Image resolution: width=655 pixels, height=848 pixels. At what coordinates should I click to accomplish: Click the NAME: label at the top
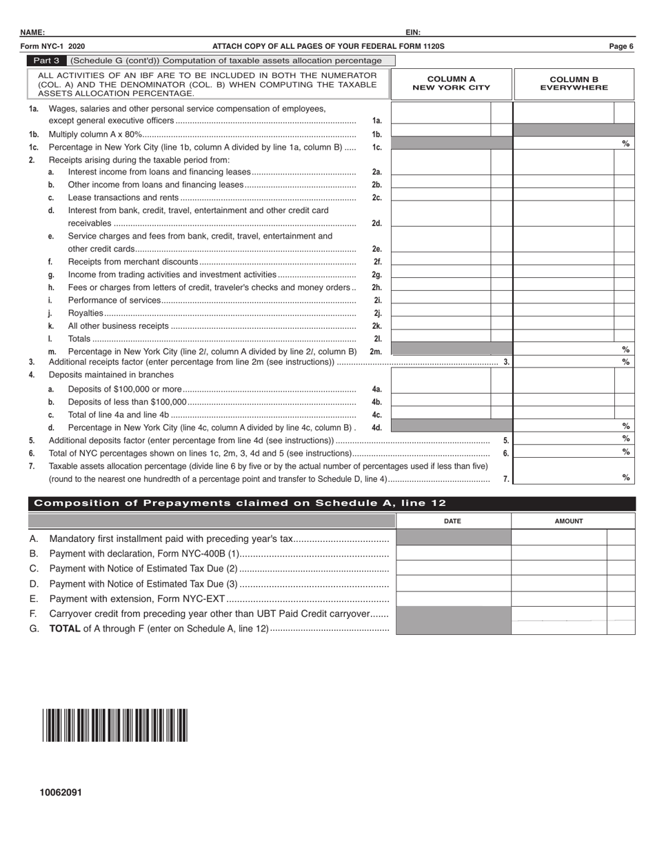click(32, 32)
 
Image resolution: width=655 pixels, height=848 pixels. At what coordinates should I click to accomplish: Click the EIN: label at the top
click(413, 32)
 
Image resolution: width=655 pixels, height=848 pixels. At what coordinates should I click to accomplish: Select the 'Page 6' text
click(621, 46)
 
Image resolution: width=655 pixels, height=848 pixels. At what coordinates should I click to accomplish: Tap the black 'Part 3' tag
click(47, 61)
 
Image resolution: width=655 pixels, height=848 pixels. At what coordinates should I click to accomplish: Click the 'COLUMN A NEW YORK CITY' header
click(451, 83)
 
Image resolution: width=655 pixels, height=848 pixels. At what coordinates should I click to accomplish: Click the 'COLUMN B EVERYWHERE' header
click(574, 83)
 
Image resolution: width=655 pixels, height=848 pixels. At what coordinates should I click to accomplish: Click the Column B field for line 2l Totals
click(564, 337)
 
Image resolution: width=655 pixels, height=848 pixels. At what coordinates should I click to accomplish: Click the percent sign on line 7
click(625, 477)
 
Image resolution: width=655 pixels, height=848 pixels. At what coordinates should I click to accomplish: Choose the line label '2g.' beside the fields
click(376, 274)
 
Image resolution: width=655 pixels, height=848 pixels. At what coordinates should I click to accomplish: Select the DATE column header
click(452, 521)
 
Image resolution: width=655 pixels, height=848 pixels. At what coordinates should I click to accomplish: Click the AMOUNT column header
click(569, 521)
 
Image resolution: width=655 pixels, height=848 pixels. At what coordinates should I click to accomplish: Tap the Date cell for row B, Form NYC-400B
click(453, 553)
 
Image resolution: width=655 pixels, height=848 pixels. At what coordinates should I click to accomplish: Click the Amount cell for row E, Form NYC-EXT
click(559, 598)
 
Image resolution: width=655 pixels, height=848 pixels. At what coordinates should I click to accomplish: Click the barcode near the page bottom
click(114, 725)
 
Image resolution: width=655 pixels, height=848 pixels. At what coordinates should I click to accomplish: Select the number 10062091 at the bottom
click(61, 793)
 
